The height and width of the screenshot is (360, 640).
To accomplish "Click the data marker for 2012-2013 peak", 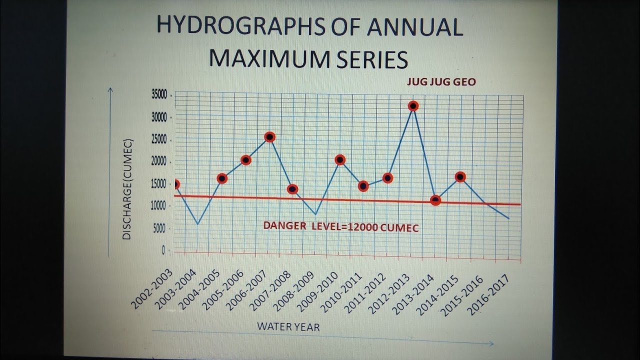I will pos(413,105).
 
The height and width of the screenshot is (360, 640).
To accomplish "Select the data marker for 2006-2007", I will pos(269,136).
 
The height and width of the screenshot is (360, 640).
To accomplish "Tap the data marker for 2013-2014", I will pos(435,200).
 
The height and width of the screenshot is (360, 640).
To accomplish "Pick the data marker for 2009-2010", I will pos(340,159).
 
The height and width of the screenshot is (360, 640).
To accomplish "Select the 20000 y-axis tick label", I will pos(158,162).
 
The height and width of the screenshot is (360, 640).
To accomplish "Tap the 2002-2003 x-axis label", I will pos(151,288).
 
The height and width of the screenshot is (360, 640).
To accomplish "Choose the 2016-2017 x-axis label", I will pos(488,295).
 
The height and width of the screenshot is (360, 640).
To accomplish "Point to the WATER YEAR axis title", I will pos(288,327).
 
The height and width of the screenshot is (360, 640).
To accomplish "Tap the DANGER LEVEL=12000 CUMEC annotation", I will pos(341,227).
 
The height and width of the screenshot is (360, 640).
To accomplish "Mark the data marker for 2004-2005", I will pos(222,178).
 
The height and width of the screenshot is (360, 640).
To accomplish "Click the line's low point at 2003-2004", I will pos(198,223).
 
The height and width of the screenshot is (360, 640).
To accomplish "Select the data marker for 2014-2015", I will pos(460,176).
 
